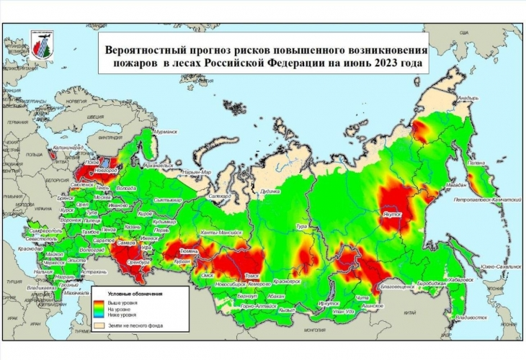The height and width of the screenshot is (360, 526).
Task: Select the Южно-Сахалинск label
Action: [x=494, y=266]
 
